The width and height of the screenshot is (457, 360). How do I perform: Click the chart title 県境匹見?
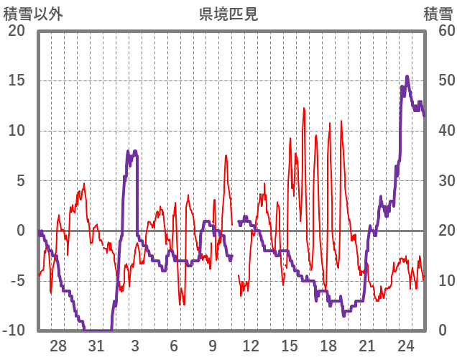tap(228, 14)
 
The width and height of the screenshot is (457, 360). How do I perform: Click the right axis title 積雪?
tap(438, 14)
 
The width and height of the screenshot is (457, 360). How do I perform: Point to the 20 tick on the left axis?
tap(16, 31)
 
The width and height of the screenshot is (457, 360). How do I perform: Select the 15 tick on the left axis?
tap(16, 80)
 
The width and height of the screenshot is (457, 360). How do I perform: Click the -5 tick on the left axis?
tap(16, 280)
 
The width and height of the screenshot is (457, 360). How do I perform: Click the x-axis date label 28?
tap(58, 346)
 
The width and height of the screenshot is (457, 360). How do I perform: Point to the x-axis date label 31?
tap(97, 346)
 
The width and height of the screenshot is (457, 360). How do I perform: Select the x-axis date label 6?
tap(174, 346)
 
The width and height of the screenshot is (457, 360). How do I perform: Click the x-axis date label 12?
tap(251, 346)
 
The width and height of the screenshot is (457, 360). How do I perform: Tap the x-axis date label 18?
tap(328, 346)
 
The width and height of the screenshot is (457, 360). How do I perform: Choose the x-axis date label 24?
tap(405, 346)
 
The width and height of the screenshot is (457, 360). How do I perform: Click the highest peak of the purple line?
tap(407, 76)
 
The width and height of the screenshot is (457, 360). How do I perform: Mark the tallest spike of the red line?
tap(304, 109)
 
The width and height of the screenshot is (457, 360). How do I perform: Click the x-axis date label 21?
tap(366, 346)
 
